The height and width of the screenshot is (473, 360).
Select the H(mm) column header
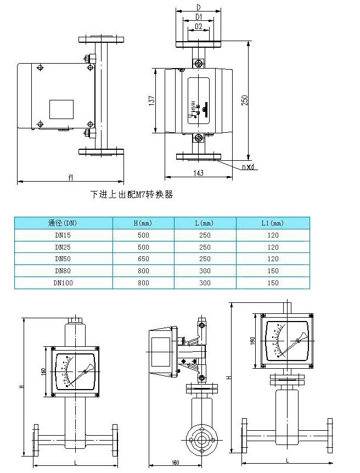pyautogui.click(x=143, y=223)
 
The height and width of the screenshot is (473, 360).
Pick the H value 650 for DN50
pyautogui.click(x=143, y=259)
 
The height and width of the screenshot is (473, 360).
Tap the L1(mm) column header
pyautogui.click(x=272, y=223)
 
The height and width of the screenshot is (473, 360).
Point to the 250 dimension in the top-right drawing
pyautogui.click(x=245, y=100)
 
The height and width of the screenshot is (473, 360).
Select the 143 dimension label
pyautogui.click(x=198, y=173)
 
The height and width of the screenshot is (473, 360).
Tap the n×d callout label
pyautogui.click(x=249, y=167)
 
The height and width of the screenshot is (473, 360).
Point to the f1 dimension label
pyautogui.click(x=70, y=177)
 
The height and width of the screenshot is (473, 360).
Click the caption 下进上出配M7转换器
pyautogui.click(x=131, y=195)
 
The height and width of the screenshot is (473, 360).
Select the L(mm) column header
pyautogui.click(x=205, y=223)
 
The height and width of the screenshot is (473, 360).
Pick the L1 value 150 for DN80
pyautogui.click(x=272, y=271)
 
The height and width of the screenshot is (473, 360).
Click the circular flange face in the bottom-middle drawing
pyautogui.click(x=202, y=438)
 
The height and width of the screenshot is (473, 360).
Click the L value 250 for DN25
pyautogui.click(x=205, y=247)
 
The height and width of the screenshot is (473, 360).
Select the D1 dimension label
pyautogui.click(x=198, y=18)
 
